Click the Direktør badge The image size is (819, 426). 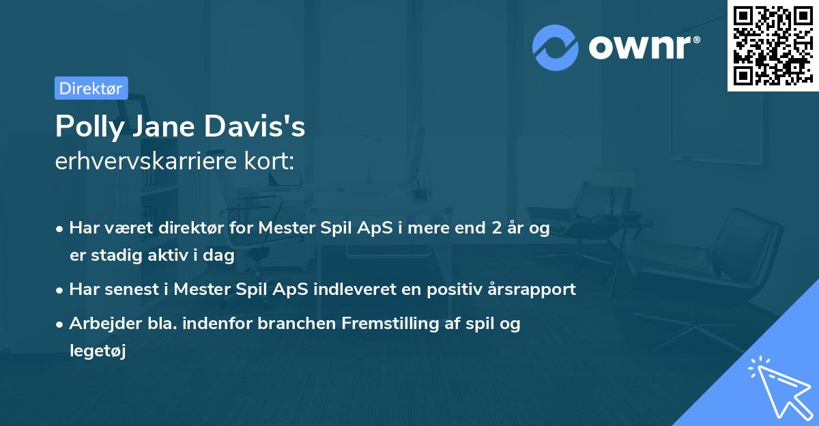point(91,88)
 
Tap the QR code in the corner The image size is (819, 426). point(773,45)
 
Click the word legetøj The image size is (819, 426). point(98,351)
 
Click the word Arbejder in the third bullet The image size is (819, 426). point(101,324)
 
